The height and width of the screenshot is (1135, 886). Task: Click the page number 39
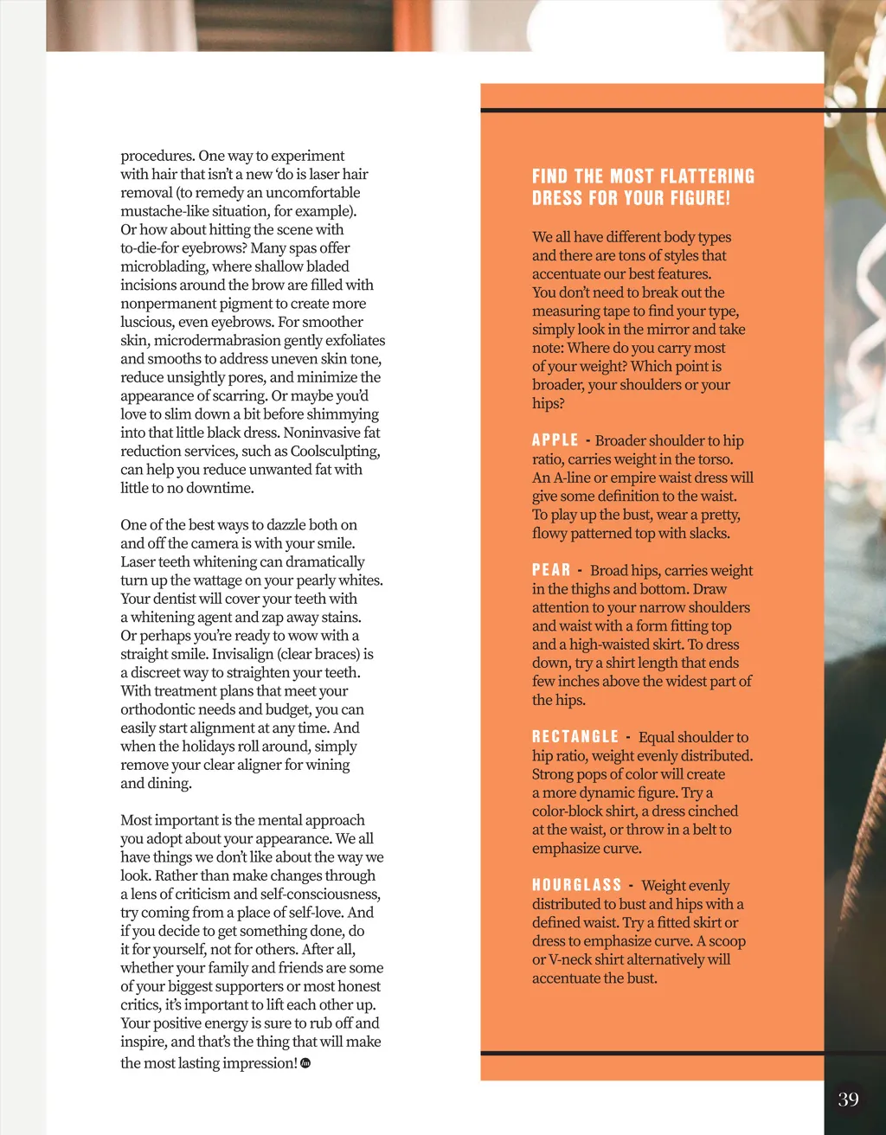[x=848, y=1099]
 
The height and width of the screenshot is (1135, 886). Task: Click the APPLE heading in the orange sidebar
[x=555, y=440]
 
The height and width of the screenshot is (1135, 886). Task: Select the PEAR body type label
[x=551, y=570]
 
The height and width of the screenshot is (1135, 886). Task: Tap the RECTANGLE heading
[x=575, y=737]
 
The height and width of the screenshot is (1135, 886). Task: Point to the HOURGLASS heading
[x=577, y=885]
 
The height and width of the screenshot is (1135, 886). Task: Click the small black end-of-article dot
[x=305, y=1063]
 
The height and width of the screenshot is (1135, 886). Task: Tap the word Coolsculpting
[x=335, y=452]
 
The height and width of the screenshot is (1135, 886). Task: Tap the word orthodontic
[x=164, y=709]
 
